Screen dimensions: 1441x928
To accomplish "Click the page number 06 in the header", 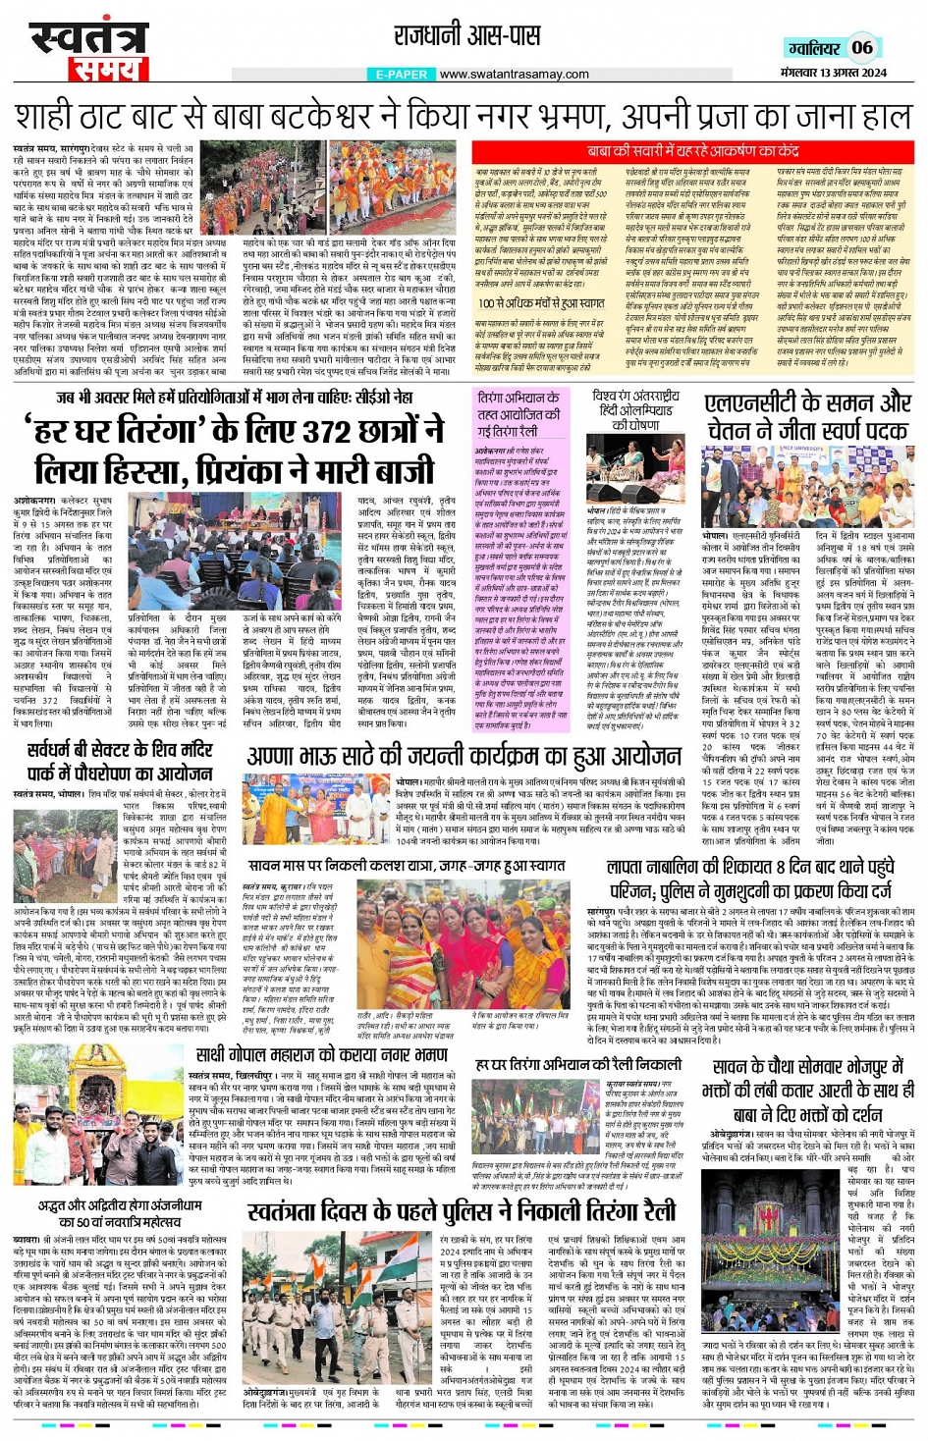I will click(x=861, y=47).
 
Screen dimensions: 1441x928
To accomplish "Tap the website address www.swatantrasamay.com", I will click(x=514, y=75).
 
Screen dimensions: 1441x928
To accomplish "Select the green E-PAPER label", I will click(x=402, y=75).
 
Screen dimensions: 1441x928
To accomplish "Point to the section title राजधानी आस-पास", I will click(x=466, y=36).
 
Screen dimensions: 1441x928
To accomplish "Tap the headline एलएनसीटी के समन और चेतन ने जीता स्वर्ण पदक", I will click(x=806, y=416).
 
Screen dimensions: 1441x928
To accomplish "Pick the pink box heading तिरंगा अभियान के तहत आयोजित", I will click(x=519, y=413).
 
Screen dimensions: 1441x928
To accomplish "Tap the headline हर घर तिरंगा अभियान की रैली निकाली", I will click(x=577, y=1064).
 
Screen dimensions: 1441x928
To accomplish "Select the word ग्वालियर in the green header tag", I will click(x=814, y=48).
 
